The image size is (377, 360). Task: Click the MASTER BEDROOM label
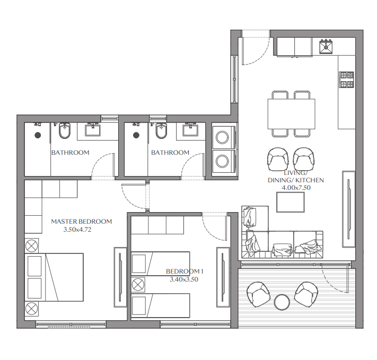(x=82, y=222)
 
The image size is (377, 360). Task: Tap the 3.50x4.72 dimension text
(x=77, y=230)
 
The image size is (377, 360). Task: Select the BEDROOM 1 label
(x=185, y=271)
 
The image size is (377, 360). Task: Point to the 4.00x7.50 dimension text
(x=296, y=188)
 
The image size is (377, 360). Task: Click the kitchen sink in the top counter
(x=326, y=47)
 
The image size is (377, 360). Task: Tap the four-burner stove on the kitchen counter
(x=346, y=80)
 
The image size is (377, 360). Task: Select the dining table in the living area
(x=292, y=114)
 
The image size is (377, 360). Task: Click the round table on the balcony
(x=282, y=302)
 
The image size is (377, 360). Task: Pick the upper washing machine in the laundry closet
(x=223, y=137)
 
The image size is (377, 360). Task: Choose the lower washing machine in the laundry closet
(x=223, y=161)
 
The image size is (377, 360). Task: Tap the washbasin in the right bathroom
(x=190, y=130)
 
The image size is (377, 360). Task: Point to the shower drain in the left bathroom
(x=38, y=135)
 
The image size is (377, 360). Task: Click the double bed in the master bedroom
(x=54, y=277)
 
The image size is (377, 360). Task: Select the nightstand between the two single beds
(x=138, y=285)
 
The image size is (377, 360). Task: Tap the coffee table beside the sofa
(x=291, y=202)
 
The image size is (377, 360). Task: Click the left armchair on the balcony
(x=258, y=294)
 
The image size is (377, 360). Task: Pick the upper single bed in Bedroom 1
(x=160, y=264)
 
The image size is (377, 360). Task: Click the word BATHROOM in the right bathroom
(x=170, y=153)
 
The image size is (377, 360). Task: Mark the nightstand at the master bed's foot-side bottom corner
(x=31, y=309)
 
